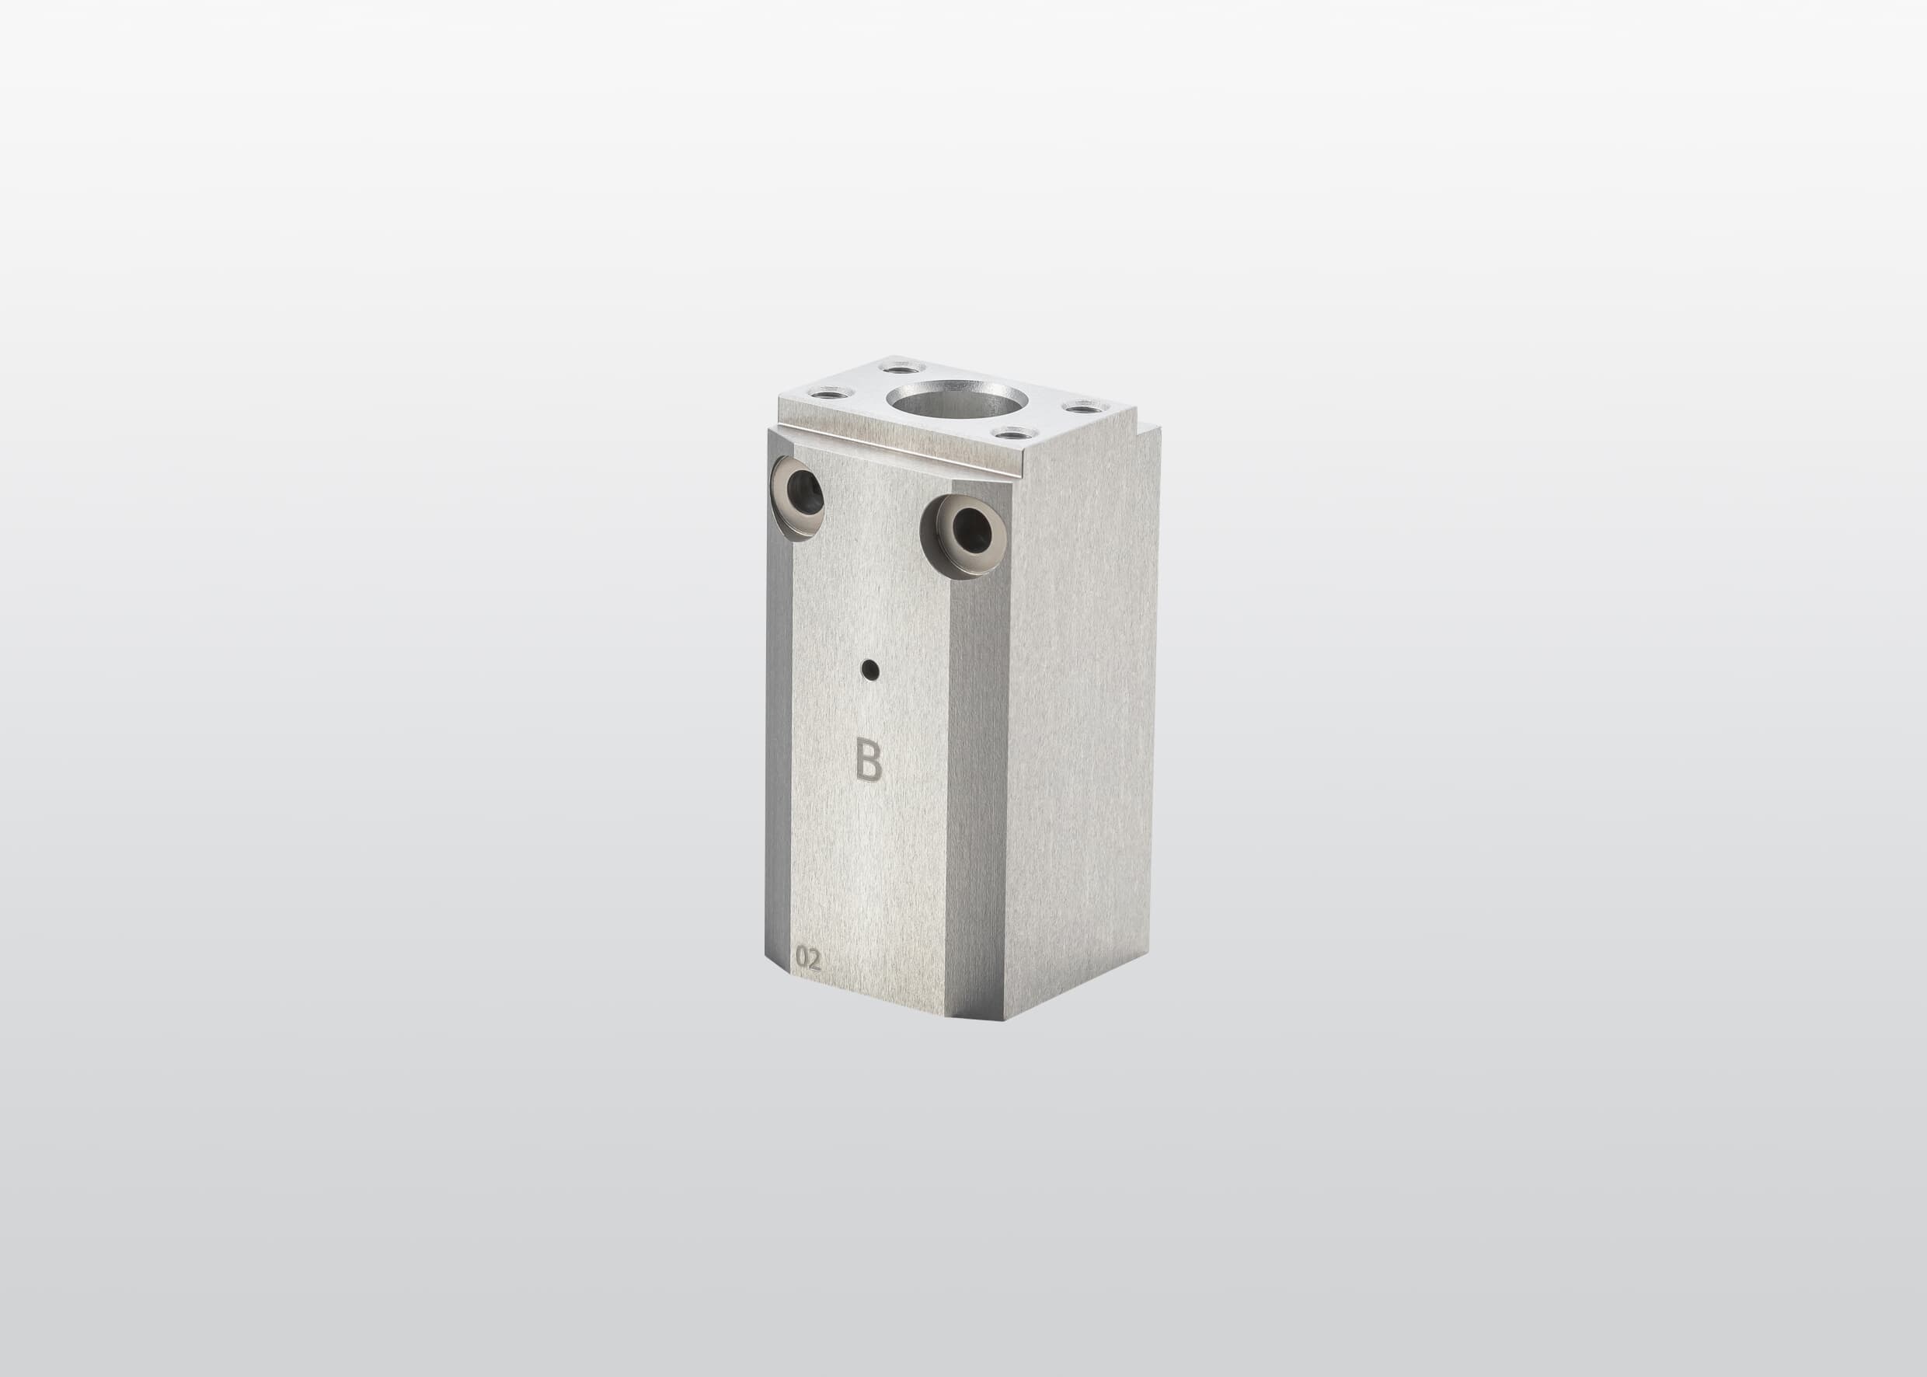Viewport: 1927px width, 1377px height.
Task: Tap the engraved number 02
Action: (808, 960)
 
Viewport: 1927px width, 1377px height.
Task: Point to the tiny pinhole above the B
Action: (869, 672)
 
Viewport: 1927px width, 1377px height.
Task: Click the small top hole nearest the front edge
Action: (1012, 435)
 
